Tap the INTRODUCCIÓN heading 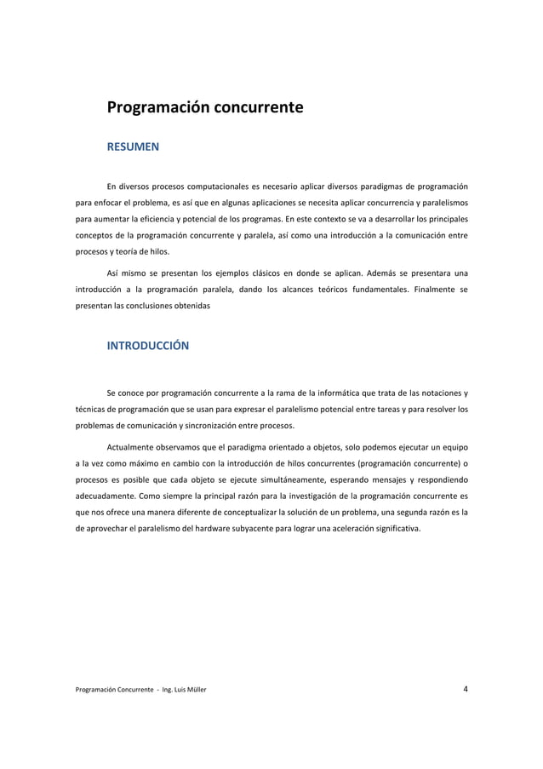[x=147, y=346]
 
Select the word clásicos [x=254, y=273]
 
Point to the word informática [x=323, y=393]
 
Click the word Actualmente [x=134, y=447]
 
